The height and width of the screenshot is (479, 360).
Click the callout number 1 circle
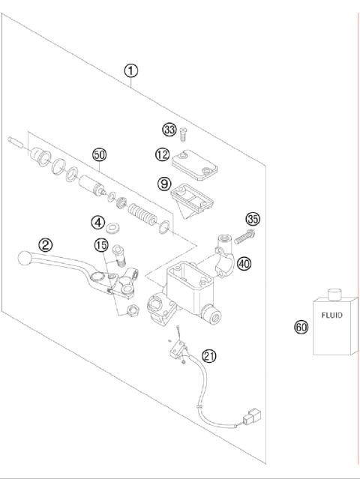pyautogui.click(x=131, y=71)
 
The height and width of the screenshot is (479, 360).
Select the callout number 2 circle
pyautogui.click(x=46, y=244)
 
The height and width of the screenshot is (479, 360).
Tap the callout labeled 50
pyautogui.click(x=99, y=154)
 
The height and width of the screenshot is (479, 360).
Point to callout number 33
pyautogui.click(x=169, y=130)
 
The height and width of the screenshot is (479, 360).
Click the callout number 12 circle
pyautogui.click(x=163, y=154)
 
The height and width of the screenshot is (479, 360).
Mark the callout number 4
pyautogui.click(x=98, y=222)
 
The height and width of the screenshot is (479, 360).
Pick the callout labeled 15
pyautogui.click(x=101, y=244)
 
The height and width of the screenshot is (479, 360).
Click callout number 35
pyautogui.click(x=253, y=220)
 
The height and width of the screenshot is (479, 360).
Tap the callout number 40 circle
pyautogui.click(x=244, y=263)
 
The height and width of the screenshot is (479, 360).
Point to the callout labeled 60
pyautogui.click(x=301, y=327)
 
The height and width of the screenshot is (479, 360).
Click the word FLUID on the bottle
pyautogui.click(x=331, y=315)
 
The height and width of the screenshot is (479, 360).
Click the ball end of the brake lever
pyautogui.click(x=24, y=259)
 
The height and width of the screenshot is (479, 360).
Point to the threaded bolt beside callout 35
pyautogui.click(x=245, y=236)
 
